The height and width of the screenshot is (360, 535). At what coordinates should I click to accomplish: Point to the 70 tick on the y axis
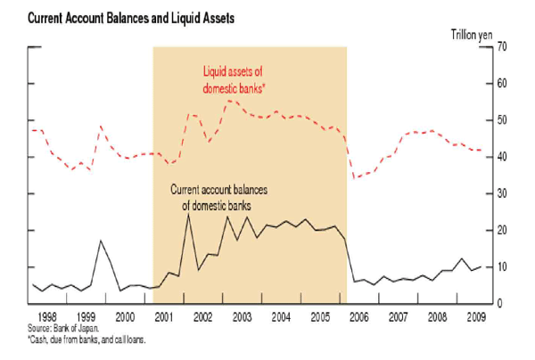[502, 46]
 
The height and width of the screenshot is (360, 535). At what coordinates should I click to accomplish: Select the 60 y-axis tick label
[502, 83]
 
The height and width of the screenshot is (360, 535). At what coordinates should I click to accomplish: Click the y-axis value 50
[502, 120]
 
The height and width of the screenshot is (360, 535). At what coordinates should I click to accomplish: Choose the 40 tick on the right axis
[502, 157]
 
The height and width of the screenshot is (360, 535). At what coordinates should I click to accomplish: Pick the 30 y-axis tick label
[502, 193]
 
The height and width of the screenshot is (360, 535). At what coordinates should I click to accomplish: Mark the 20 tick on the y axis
[502, 231]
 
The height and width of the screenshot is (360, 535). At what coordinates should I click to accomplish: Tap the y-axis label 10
[502, 267]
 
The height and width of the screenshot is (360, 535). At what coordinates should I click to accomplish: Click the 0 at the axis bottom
[499, 304]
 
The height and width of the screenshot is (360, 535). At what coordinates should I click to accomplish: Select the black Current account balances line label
[219, 197]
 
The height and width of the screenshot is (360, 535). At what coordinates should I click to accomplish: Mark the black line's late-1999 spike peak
[100, 241]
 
